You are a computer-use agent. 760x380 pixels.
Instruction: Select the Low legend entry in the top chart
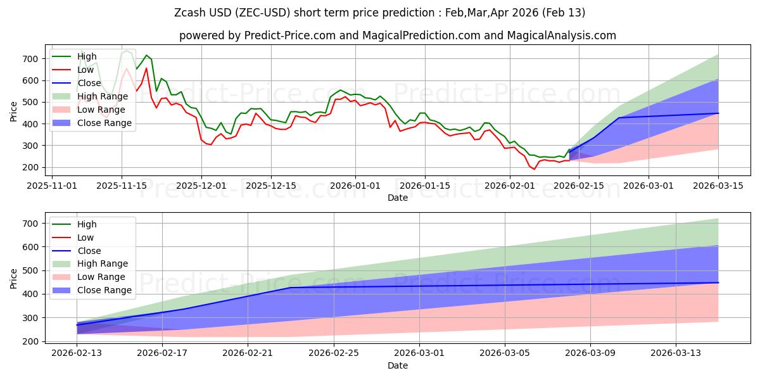pos(85,70)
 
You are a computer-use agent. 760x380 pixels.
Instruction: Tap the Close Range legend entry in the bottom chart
pos(104,290)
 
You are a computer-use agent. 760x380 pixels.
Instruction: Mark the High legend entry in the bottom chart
pos(87,224)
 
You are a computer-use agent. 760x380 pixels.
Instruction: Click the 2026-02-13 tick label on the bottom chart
pos(77,353)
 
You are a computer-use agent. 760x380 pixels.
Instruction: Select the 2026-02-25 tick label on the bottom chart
pos(334,353)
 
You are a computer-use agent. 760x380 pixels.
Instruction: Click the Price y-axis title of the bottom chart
pos(14,279)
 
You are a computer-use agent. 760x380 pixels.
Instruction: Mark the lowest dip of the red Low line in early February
pos(534,169)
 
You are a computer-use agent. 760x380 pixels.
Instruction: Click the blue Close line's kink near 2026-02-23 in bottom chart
pos(291,288)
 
